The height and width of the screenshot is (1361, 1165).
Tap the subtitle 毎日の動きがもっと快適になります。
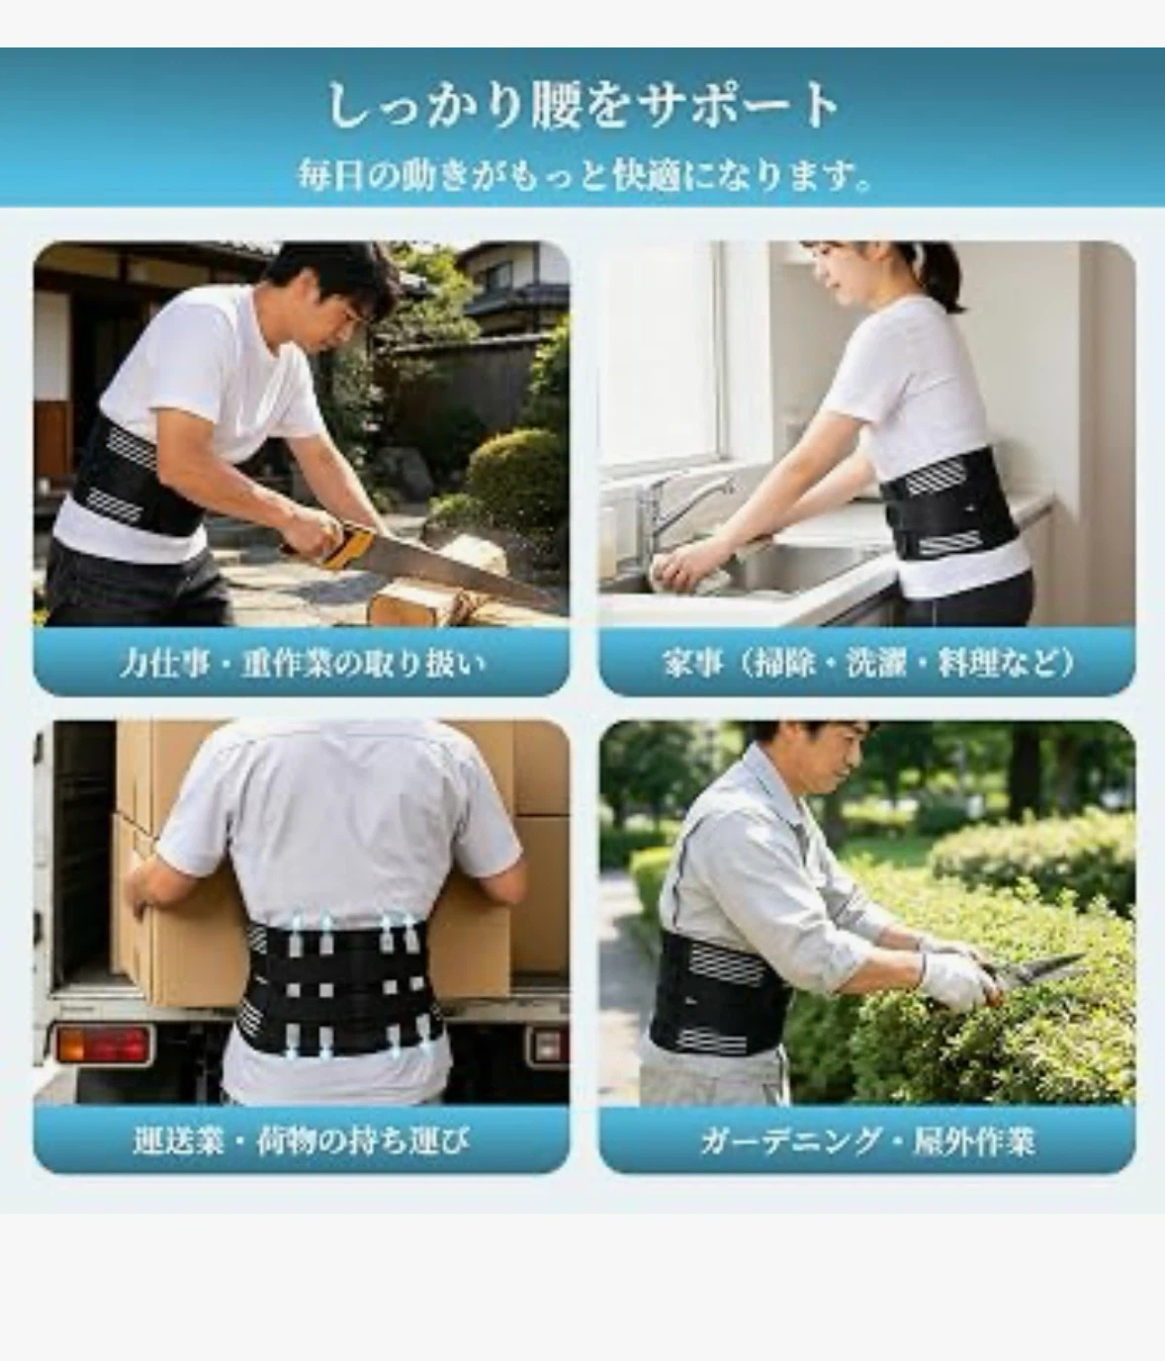585,174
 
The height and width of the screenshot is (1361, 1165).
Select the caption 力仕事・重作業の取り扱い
302,664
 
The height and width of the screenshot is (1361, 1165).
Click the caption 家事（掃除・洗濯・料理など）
867,663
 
